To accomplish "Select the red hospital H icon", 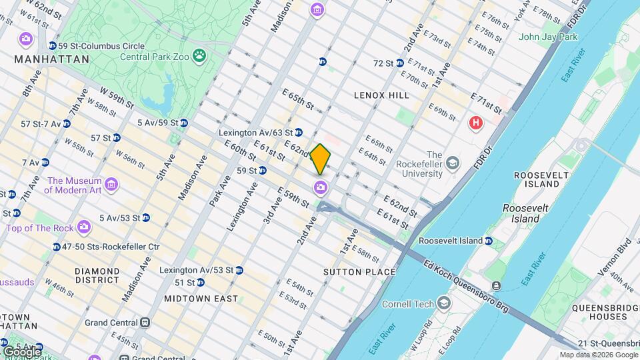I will tap(475, 123).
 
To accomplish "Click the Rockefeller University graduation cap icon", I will tap(453, 163).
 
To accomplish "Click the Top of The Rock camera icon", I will tap(83, 227).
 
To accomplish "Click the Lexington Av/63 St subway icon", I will tap(299, 133).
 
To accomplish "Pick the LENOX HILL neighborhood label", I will tap(382, 95).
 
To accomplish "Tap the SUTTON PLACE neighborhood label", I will tap(359, 272).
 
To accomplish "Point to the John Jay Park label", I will tap(548, 37).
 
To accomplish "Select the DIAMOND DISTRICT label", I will tap(97, 276).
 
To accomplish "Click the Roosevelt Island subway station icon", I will tap(489, 241).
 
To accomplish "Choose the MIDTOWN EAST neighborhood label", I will tap(201, 299).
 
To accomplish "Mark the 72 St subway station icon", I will tap(400, 63).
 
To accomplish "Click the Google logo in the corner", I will tap(21, 351).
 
